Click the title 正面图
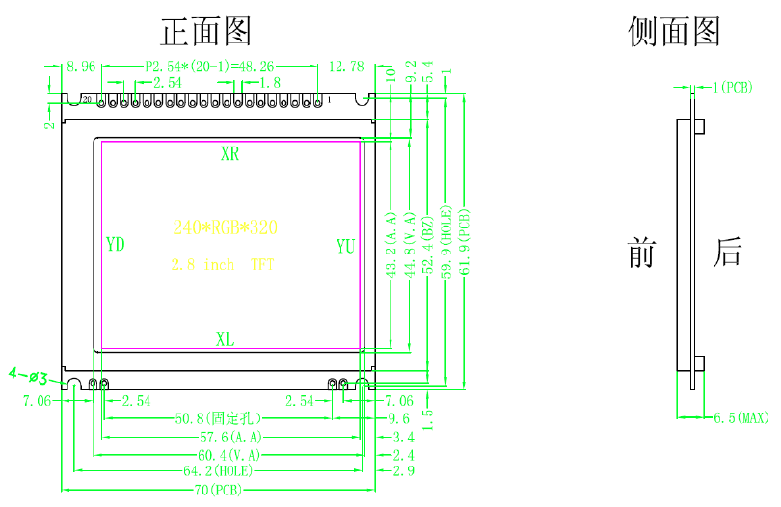[205, 32]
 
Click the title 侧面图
[674, 32]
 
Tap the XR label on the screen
[229, 154]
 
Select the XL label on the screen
[225, 338]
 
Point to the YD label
[115, 245]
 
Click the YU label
[345, 246]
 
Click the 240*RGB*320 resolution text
[226, 228]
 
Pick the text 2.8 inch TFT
[222, 264]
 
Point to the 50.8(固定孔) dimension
[219, 419]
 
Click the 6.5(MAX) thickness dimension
[741, 418]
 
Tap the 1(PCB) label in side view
[732, 88]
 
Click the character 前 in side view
[641, 253]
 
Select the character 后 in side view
[728, 253]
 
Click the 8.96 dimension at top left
[81, 67]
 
